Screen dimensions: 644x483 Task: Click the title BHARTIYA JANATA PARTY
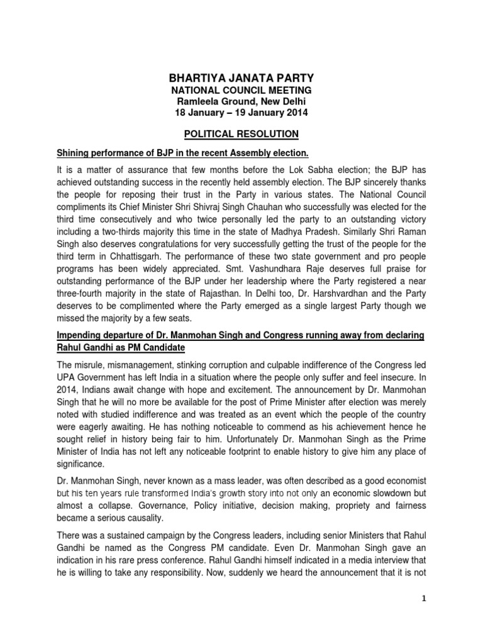(x=241, y=77)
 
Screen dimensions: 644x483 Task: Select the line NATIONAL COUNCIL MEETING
(x=241, y=91)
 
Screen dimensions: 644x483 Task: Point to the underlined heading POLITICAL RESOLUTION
(x=241, y=134)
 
